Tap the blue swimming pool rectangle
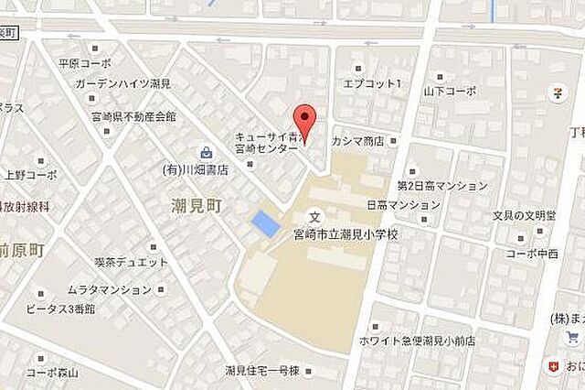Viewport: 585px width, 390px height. [264, 223]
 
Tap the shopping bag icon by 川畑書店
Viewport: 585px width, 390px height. [207, 152]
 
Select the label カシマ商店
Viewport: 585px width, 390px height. [365, 142]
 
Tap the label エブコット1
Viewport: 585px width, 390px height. [372, 83]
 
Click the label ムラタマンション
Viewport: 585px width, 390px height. [110, 289]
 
